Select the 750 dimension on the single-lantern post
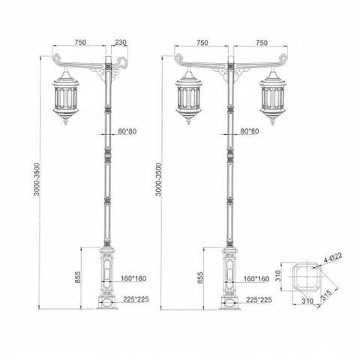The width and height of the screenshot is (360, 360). pos(82,43)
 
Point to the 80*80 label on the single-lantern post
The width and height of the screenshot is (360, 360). pos(127,131)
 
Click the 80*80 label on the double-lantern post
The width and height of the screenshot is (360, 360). pos(250,131)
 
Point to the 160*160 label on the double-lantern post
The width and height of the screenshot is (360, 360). pos(256,279)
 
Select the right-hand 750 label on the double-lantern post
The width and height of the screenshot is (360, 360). pos(262,43)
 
